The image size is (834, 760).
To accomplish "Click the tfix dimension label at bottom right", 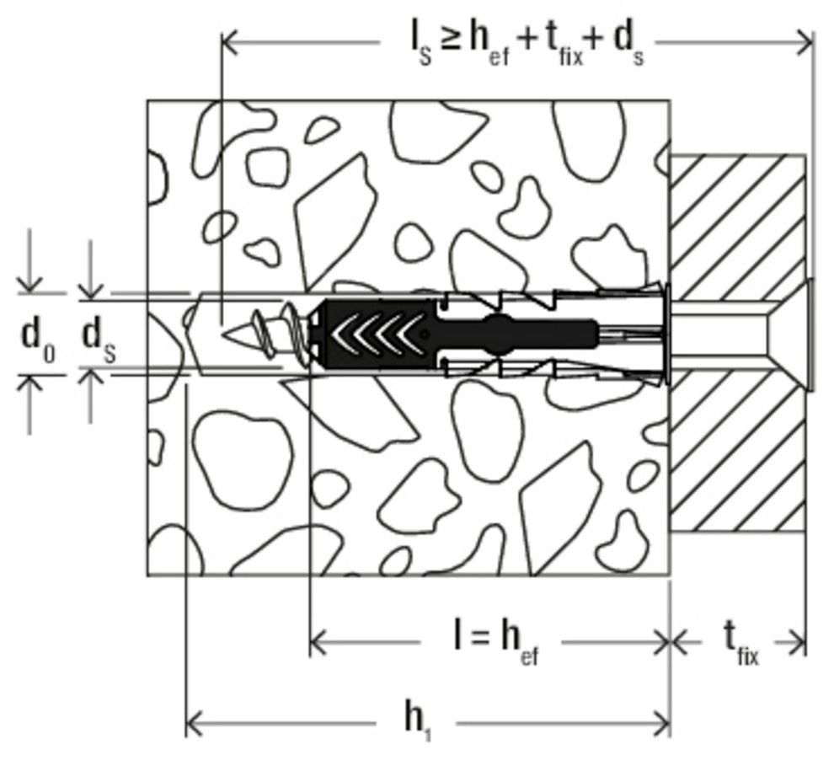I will [x=740, y=645].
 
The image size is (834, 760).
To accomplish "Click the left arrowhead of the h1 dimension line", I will [x=194, y=723].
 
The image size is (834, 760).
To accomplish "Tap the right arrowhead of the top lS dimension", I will [x=805, y=40].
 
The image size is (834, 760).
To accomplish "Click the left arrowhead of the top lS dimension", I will [x=229, y=40].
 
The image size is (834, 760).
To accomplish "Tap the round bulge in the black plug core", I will [x=499, y=334].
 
